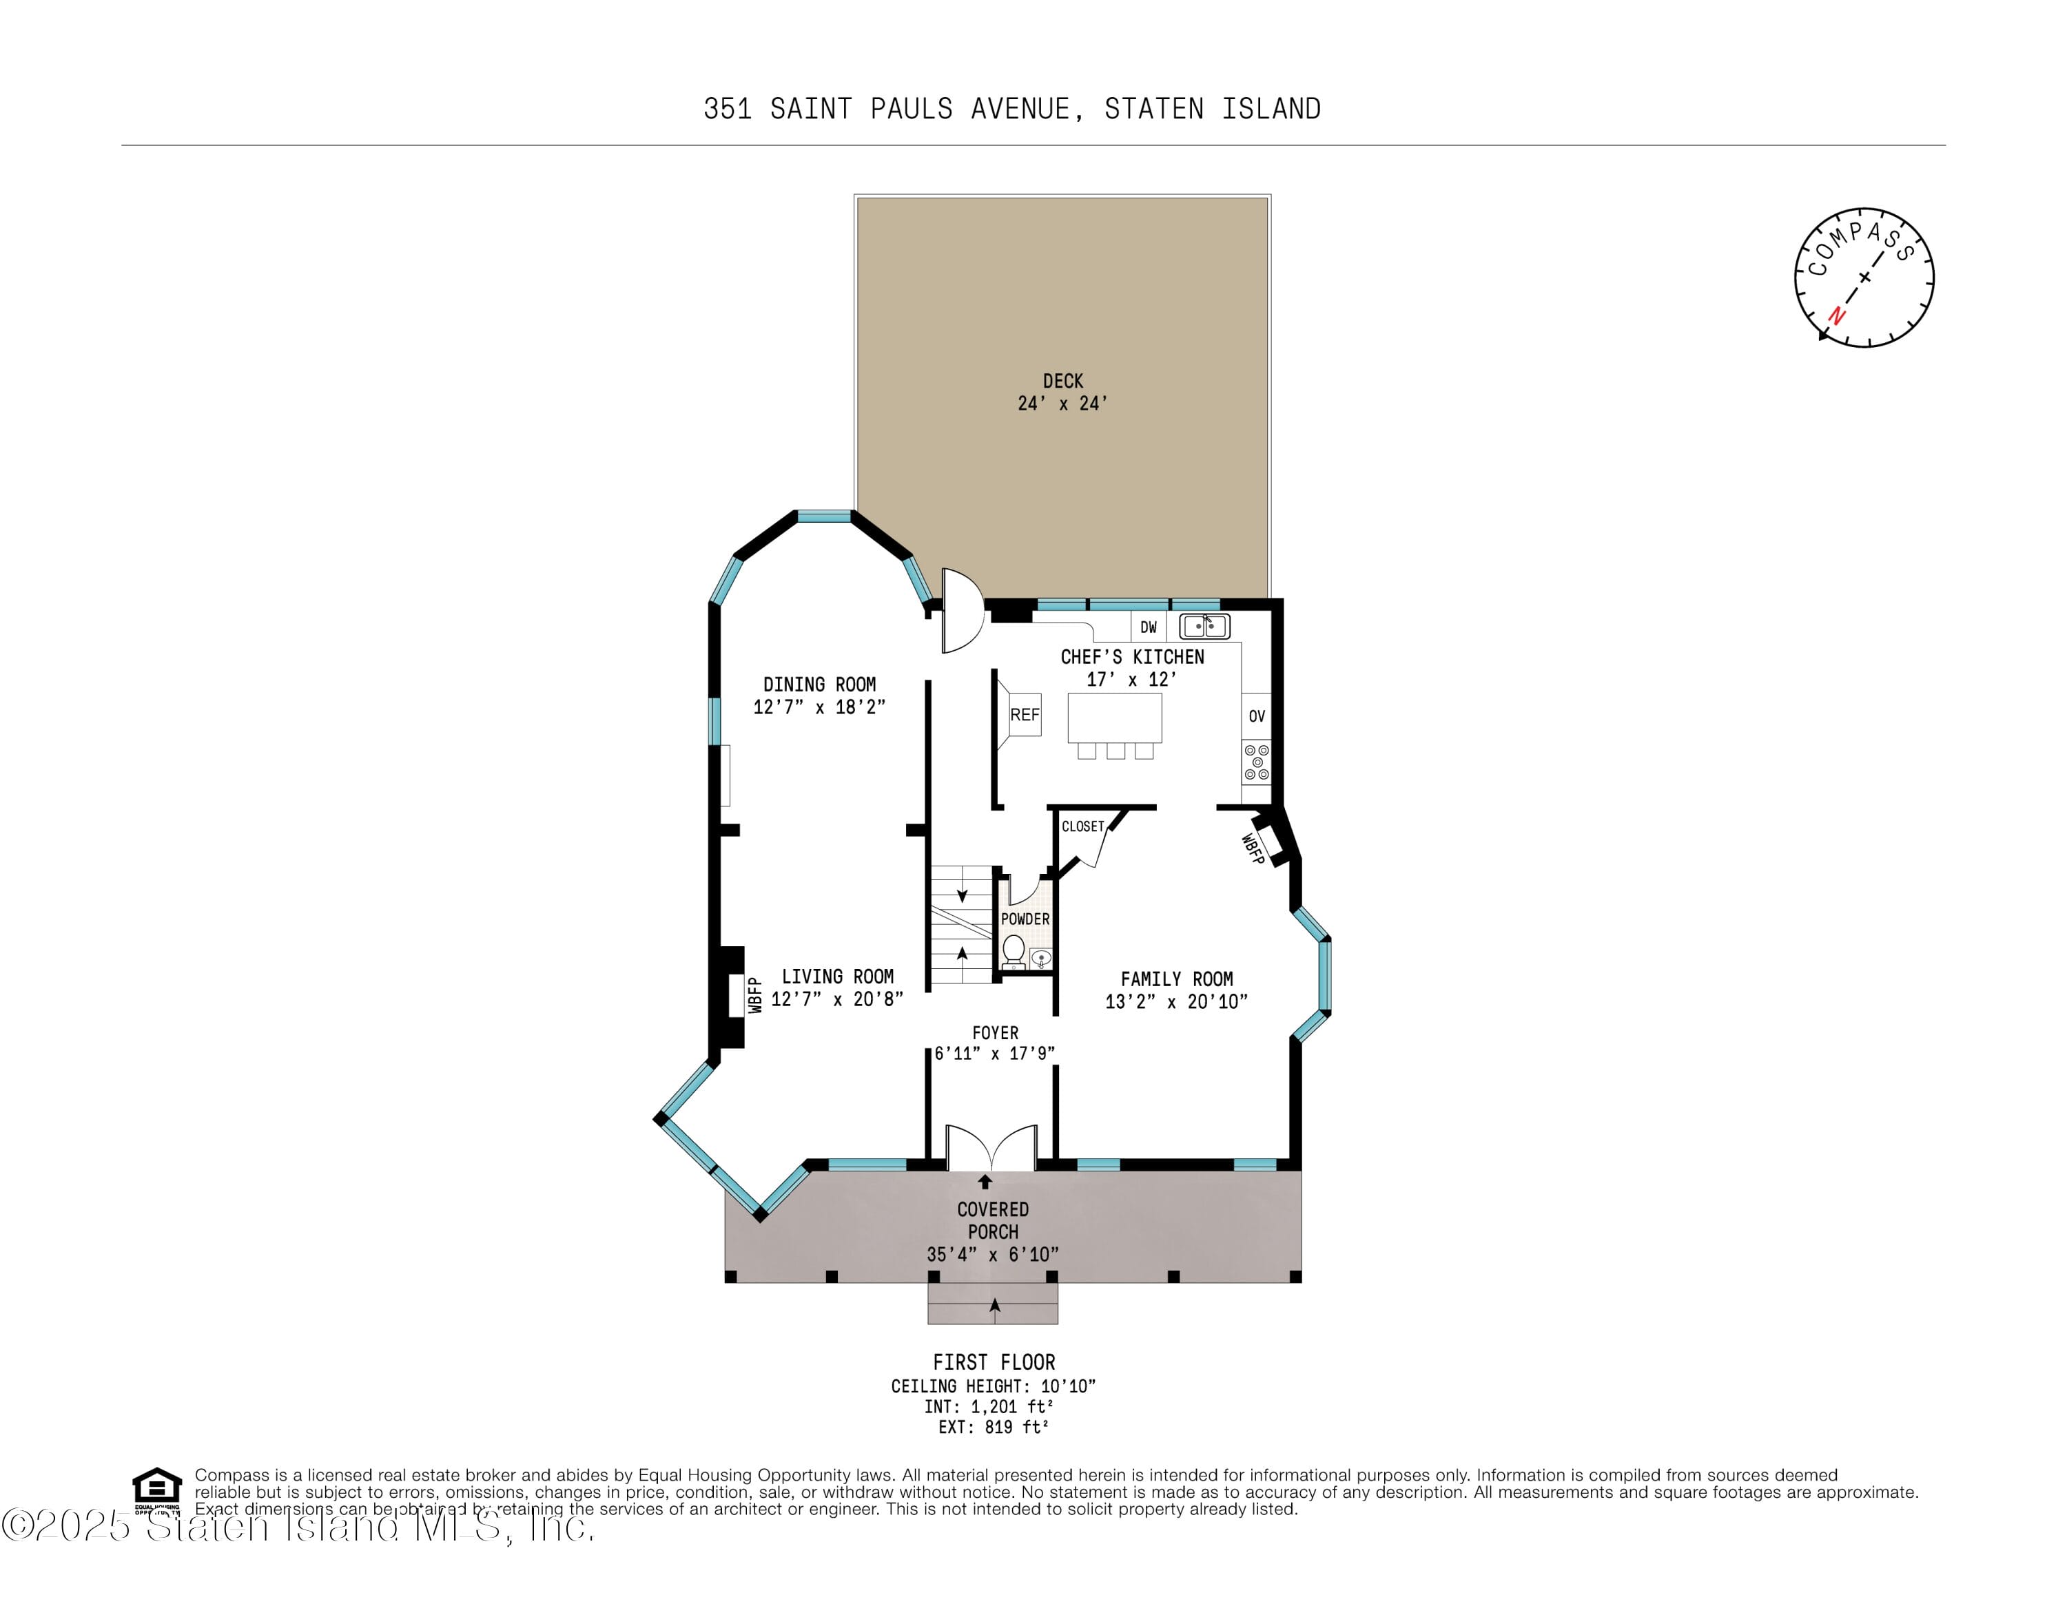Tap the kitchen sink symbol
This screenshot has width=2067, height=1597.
(x=1204, y=626)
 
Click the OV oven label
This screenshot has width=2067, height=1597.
(x=1256, y=716)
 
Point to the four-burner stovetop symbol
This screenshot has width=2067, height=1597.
(x=1256, y=762)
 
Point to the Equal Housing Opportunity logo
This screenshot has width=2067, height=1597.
(x=156, y=1490)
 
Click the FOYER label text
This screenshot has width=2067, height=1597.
(x=995, y=1033)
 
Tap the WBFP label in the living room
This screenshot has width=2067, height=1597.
(x=755, y=995)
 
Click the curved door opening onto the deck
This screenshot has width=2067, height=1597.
(x=960, y=611)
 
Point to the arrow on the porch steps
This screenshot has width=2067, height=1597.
(x=994, y=1306)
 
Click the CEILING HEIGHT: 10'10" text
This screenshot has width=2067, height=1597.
(x=993, y=1386)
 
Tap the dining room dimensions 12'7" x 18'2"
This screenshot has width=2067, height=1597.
(x=819, y=707)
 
